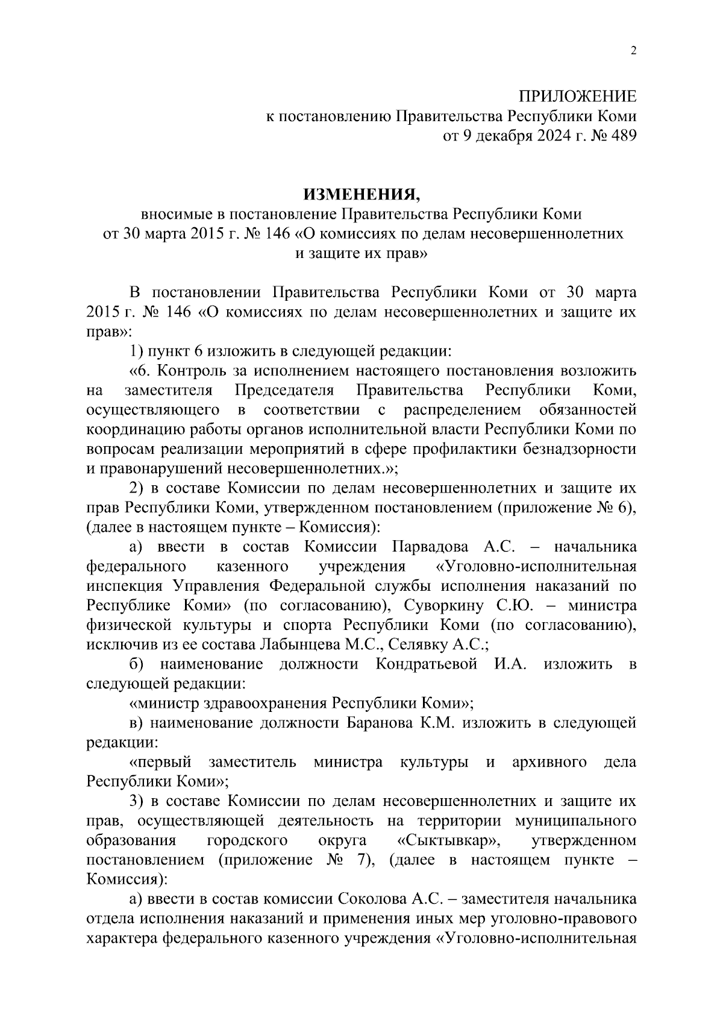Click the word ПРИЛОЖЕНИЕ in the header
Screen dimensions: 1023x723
point(578,96)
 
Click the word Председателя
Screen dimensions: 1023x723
point(284,391)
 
